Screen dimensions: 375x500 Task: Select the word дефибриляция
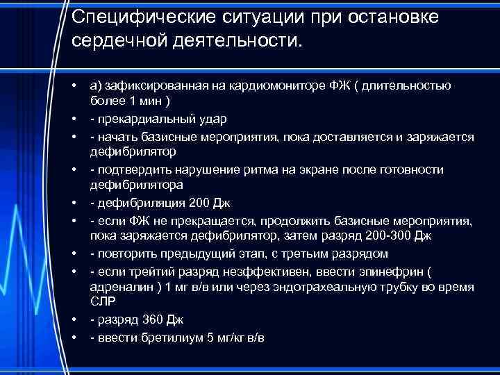[131, 203]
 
